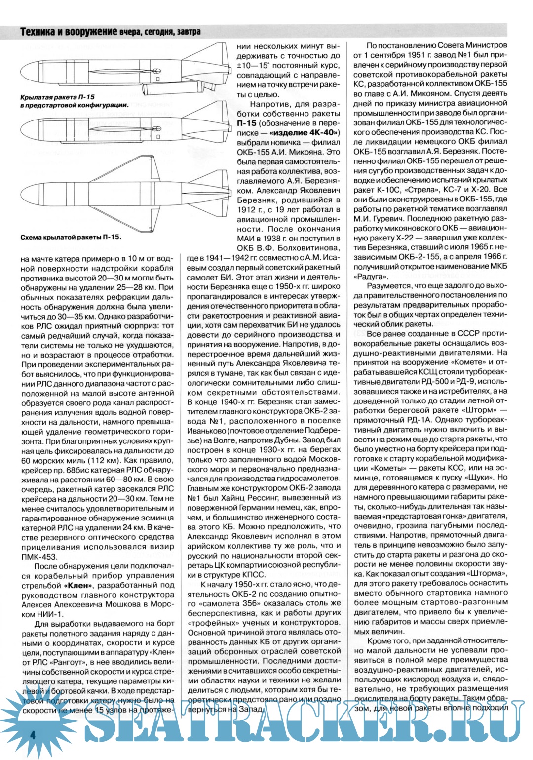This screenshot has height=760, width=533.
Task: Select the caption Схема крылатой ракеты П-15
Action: point(71,237)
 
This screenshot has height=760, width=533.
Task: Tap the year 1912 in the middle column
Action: point(247,210)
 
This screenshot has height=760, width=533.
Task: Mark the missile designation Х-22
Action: point(407,238)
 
